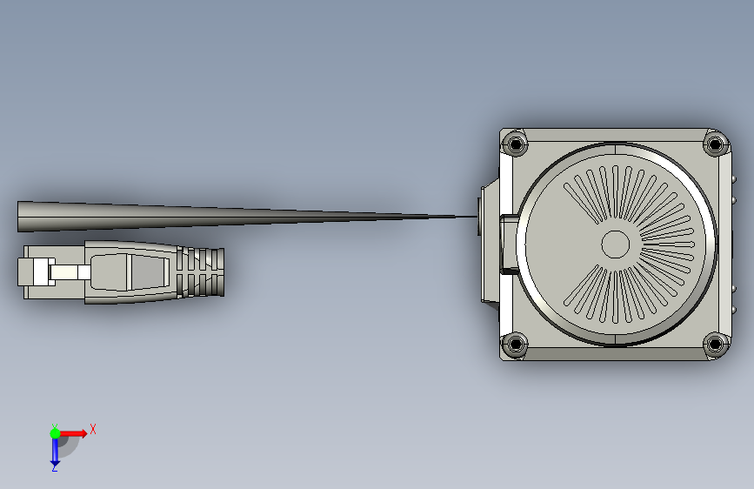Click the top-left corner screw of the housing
[515, 144]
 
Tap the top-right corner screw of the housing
[715, 144]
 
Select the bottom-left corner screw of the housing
[515, 344]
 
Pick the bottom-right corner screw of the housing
[715, 344]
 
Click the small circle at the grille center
[616, 244]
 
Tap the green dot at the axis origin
[55, 433]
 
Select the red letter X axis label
[93, 429]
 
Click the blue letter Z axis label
[54, 468]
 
